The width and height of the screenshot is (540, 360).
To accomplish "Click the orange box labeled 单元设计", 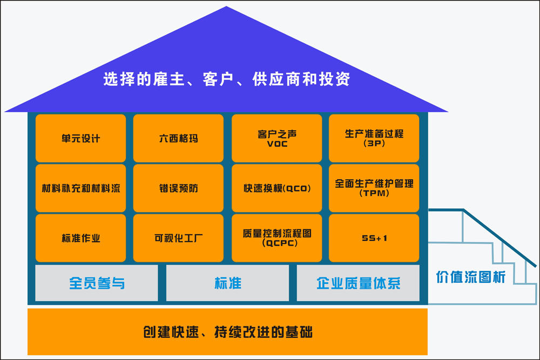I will [x=80, y=138].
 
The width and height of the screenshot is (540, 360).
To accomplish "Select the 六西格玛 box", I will [x=178, y=138].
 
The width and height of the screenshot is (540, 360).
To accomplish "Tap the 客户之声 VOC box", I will [x=277, y=138].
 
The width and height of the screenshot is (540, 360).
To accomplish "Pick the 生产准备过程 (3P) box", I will [x=374, y=138].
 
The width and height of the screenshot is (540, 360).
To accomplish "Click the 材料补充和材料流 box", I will [x=80, y=188].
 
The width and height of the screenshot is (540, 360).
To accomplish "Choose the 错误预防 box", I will [x=178, y=188].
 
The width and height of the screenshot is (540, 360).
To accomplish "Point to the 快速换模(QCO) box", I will [x=277, y=188].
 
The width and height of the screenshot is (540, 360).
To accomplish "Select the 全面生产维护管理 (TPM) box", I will [x=374, y=188].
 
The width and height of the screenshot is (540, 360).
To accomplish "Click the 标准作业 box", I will [x=80, y=238].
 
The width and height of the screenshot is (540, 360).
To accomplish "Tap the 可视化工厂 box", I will [x=178, y=238].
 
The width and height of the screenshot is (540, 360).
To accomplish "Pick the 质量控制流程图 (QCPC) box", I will [x=277, y=238].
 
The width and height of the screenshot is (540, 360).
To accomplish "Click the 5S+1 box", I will [x=374, y=238].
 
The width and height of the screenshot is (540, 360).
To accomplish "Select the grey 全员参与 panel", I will [x=97, y=283].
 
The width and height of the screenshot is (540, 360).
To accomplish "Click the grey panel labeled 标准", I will [x=227, y=283].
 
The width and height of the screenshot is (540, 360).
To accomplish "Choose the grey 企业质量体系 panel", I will [x=358, y=283].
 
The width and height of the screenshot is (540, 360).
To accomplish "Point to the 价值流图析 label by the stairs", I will [x=470, y=277].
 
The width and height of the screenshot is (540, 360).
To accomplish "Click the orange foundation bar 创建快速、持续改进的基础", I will [x=227, y=331].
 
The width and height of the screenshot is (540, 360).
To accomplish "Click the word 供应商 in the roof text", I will [x=275, y=79].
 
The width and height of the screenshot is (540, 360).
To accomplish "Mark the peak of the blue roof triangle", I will [x=226, y=8].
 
